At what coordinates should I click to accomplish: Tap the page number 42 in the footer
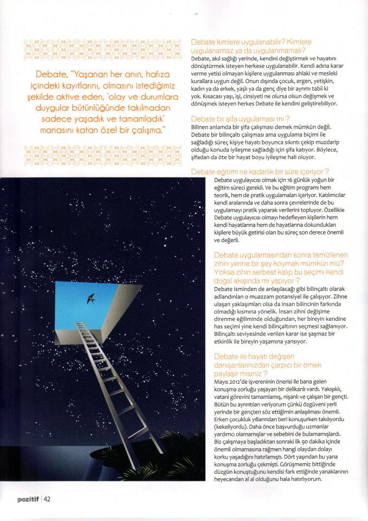(47, 499)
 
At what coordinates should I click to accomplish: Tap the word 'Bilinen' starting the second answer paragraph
(202, 126)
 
